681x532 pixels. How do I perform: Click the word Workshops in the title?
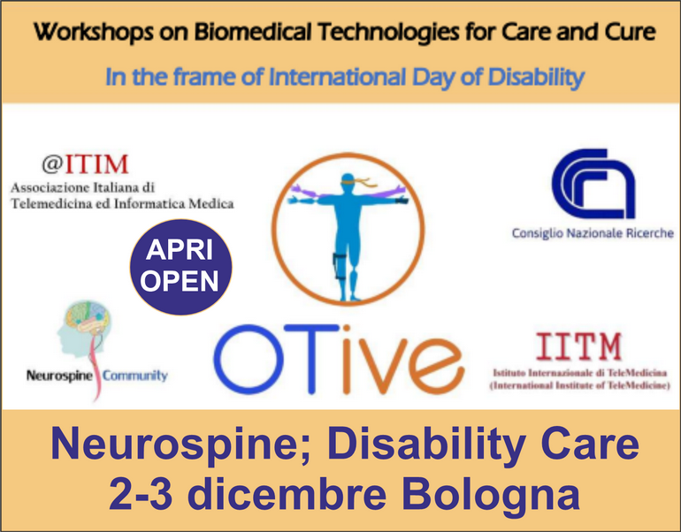[x=94, y=32]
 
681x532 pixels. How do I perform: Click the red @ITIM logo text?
[x=86, y=164]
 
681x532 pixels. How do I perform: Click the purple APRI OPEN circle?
[x=180, y=267]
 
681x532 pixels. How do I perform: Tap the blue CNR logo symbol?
[x=593, y=184]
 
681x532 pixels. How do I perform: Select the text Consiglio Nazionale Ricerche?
[x=593, y=233]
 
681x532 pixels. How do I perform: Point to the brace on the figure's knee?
[x=340, y=264]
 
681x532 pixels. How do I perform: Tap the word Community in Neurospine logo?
[x=135, y=376]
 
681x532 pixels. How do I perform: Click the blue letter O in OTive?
[x=249, y=359]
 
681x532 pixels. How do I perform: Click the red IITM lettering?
[x=578, y=346]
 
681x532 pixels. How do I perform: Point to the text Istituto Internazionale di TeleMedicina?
[x=580, y=373]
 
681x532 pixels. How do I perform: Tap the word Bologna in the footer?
[x=491, y=494]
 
